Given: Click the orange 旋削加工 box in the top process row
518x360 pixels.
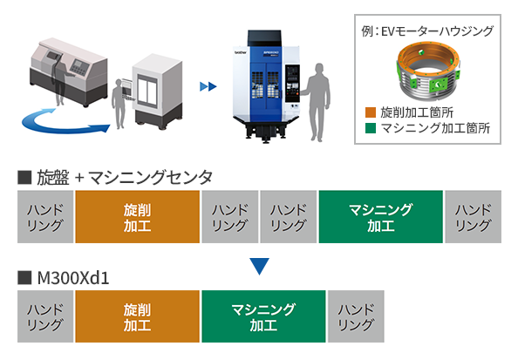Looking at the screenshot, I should pyautogui.click(x=137, y=217).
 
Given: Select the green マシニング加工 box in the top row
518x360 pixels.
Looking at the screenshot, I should pyautogui.click(x=380, y=217).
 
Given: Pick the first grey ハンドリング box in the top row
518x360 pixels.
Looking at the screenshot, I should pyautogui.click(x=44, y=217).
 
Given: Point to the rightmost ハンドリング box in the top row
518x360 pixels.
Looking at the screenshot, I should pyautogui.click(x=473, y=217).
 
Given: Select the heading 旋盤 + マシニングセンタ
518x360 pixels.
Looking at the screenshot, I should pyautogui.click(x=123, y=178).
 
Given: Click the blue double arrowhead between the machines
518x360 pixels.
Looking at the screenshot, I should pyautogui.click(x=208, y=86).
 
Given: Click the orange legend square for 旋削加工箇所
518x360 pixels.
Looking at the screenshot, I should pyautogui.click(x=371, y=112).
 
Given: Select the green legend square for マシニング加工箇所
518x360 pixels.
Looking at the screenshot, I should pyautogui.click(x=371, y=127).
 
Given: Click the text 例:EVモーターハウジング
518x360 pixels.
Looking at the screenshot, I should pyautogui.click(x=426, y=31).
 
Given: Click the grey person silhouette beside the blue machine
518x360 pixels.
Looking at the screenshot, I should pyautogui.click(x=321, y=100).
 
